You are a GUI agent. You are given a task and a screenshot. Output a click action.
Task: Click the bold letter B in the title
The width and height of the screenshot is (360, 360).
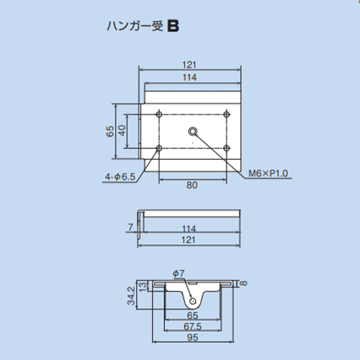[173, 26]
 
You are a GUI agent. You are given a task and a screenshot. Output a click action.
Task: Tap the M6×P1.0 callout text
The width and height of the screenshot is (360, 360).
[268, 173]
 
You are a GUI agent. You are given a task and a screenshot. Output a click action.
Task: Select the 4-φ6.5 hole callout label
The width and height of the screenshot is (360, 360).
[120, 177]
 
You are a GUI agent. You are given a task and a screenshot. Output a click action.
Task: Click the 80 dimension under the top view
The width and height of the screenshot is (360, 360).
[192, 185]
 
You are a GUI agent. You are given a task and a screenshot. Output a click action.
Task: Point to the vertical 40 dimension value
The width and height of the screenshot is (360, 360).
[122, 130]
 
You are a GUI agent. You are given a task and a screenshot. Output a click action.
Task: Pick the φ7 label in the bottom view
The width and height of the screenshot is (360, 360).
[179, 273]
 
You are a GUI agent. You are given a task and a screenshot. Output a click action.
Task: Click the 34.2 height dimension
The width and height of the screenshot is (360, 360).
[131, 296]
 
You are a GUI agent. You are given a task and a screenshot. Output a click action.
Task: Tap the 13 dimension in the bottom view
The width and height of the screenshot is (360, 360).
[143, 287]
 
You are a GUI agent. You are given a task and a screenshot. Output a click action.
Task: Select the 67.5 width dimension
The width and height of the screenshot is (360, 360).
[192, 326]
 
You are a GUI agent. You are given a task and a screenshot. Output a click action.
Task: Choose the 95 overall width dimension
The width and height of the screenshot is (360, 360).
[192, 338]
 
